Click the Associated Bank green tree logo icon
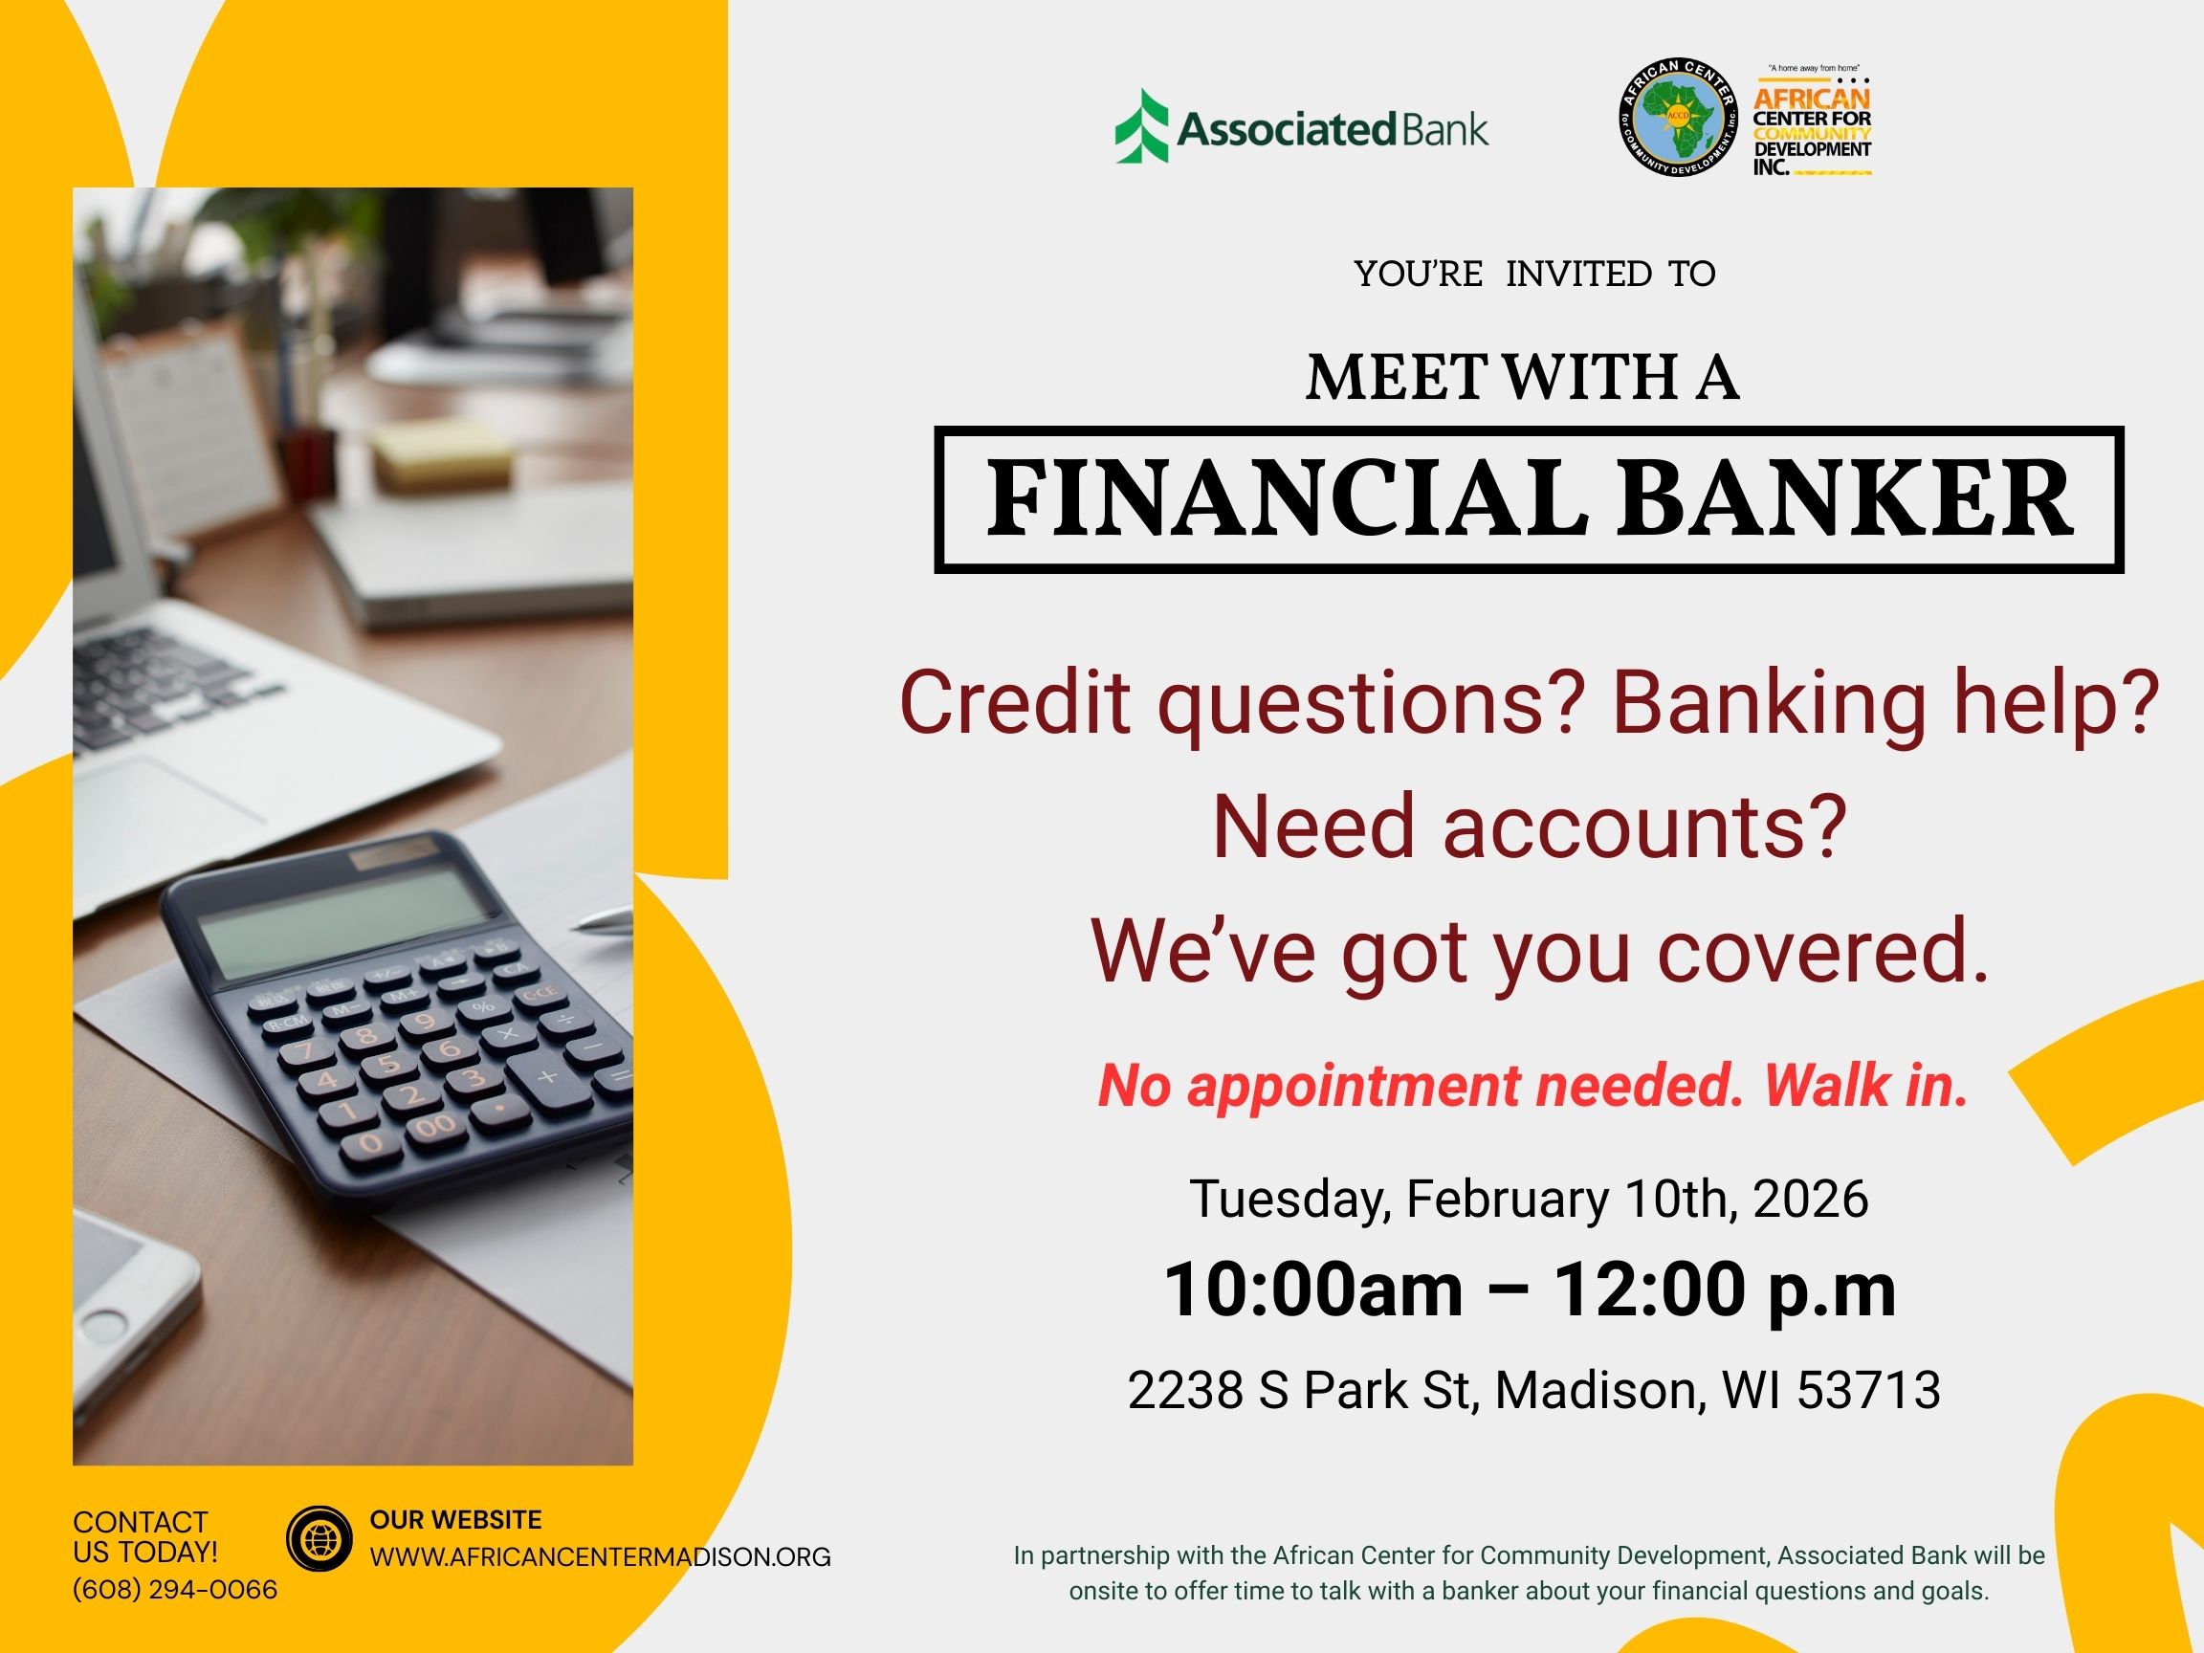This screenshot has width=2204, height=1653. pos(1142,126)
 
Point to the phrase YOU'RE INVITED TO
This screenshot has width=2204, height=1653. pos(1534,274)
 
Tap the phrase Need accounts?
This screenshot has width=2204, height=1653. pos(1530,827)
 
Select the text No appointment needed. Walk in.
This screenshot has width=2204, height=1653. pos(1532,1085)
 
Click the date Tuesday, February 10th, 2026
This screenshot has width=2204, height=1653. pos(1529,1198)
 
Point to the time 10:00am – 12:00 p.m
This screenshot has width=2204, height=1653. pos(1530,1290)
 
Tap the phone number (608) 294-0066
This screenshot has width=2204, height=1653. pos(175,1589)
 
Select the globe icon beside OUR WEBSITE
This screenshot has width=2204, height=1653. pos(319,1539)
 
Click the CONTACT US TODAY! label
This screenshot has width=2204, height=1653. pos(144,1536)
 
